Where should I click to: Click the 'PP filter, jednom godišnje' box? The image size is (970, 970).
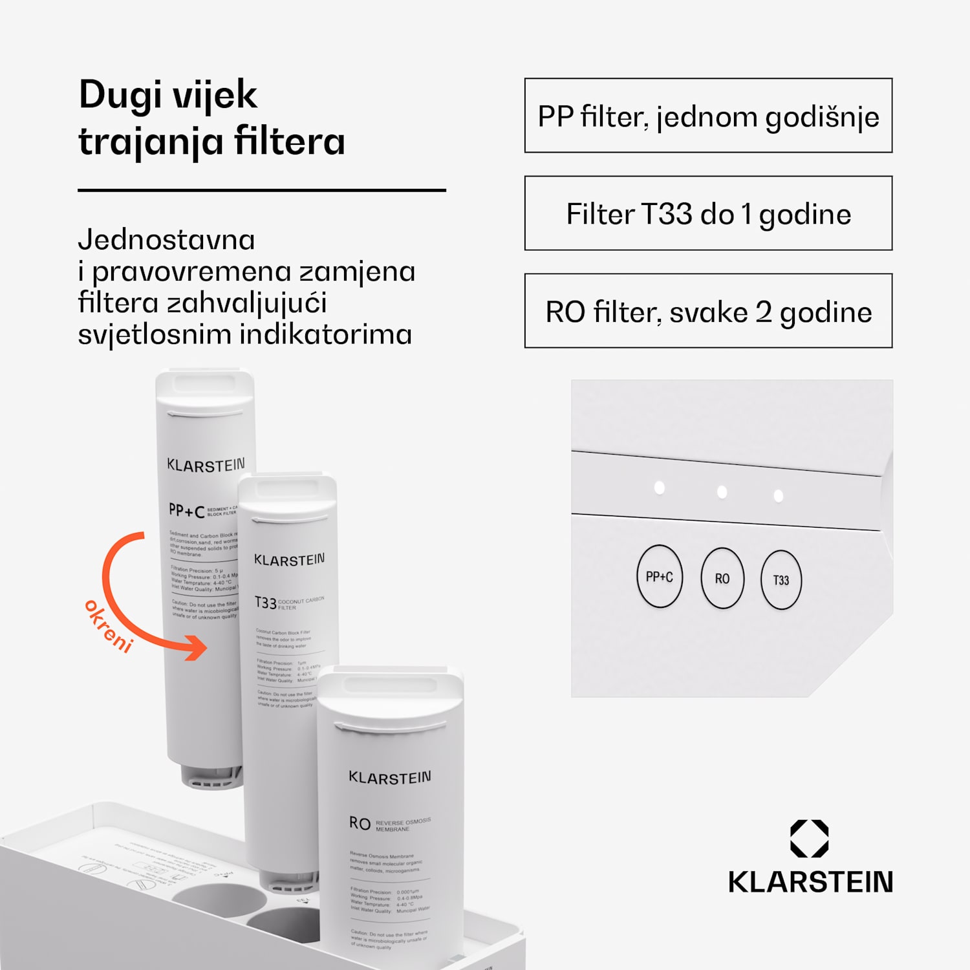tap(708, 116)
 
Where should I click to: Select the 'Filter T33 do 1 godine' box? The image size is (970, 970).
tap(708, 213)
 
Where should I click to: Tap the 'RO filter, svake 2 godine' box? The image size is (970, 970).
tap(708, 311)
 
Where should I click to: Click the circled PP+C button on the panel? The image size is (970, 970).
tap(659, 577)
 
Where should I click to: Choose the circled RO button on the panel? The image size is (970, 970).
tap(722, 579)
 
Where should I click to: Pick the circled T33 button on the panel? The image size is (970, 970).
tap(781, 580)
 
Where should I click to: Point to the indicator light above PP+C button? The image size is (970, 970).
tap(660, 488)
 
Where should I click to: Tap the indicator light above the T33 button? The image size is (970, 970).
tap(779, 496)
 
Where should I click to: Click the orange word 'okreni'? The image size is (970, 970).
tap(109, 625)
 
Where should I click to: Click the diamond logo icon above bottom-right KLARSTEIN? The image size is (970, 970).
tap(809, 839)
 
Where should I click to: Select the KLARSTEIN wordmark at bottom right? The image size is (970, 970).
tap(810, 882)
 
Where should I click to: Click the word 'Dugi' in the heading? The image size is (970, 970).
tap(120, 95)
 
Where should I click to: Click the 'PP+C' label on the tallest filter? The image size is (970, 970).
tap(186, 511)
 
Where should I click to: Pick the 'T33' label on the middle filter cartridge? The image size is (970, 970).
tap(265, 603)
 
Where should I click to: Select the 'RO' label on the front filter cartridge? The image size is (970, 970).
tap(360, 823)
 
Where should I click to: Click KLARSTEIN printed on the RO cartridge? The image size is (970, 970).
tap(389, 777)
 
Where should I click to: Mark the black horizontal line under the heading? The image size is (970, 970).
tap(262, 190)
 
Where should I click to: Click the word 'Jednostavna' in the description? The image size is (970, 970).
tap(166, 240)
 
